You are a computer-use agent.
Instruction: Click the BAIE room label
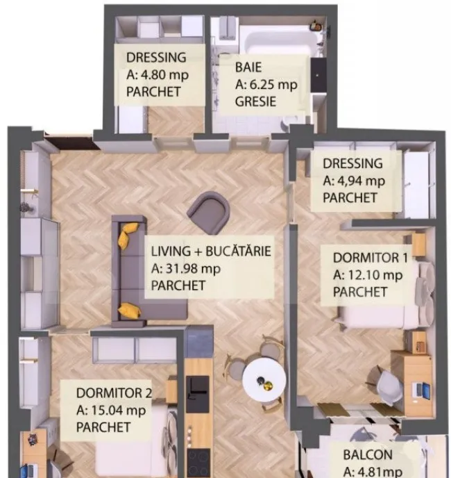point(248,67)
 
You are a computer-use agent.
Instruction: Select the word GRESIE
point(255,101)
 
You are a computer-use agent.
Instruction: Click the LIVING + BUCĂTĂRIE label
point(211,252)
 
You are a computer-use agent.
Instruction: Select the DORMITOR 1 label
point(370,258)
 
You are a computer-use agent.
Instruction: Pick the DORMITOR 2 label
point(114,393)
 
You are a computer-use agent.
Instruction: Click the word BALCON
point(368,455)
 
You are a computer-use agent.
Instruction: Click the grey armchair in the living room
point(209,213)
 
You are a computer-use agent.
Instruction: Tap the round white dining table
point(264,379)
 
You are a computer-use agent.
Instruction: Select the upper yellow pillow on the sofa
point(128,232)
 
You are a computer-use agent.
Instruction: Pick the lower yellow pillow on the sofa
point(130,311)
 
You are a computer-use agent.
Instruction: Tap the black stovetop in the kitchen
point(198,463)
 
